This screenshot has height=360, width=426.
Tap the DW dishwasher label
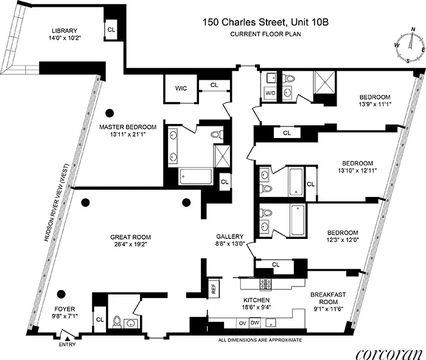(256, 322)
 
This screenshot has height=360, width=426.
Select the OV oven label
(243, 322)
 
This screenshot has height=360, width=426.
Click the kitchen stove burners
(265, 283)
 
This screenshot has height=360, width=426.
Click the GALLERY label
(230, 237)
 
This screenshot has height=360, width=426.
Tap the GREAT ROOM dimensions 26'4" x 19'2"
(130, 245)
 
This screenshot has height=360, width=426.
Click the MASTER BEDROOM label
(128, 127)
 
